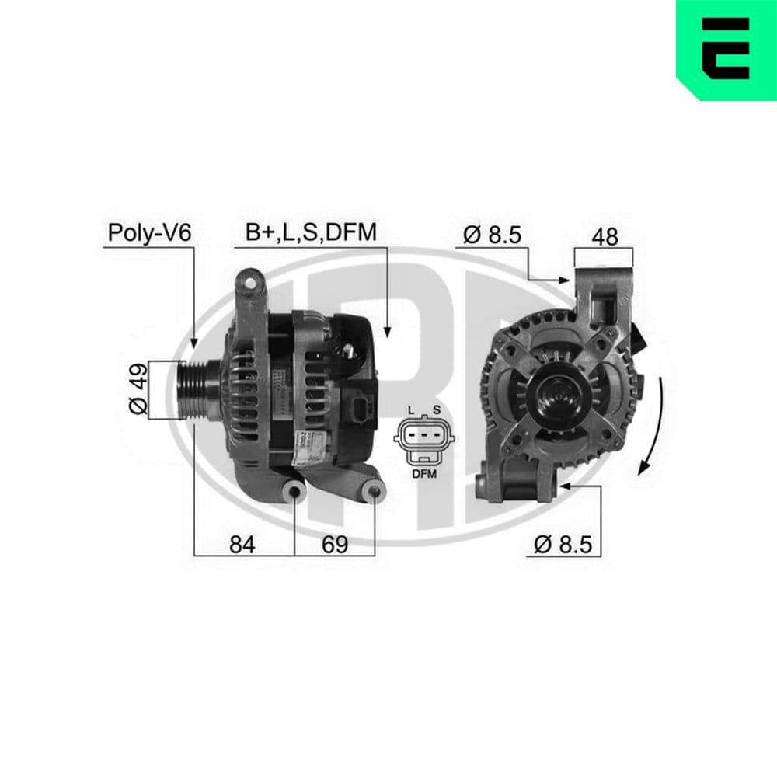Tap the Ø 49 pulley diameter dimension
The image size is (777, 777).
click(x=135, y=392)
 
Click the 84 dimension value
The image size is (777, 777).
click(x=243, y=545)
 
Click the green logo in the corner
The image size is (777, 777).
click(x=726, y=50)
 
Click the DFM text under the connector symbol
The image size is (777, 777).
click(x=423, y=473)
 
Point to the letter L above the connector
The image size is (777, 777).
click(x=411, y=409)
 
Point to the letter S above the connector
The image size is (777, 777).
click(x=436, y=409)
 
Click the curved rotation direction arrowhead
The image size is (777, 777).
click(x=643, y=467)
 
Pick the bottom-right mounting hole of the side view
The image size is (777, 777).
click(x=374, y=492)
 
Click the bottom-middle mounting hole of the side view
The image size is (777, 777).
click(x=294, y=492)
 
